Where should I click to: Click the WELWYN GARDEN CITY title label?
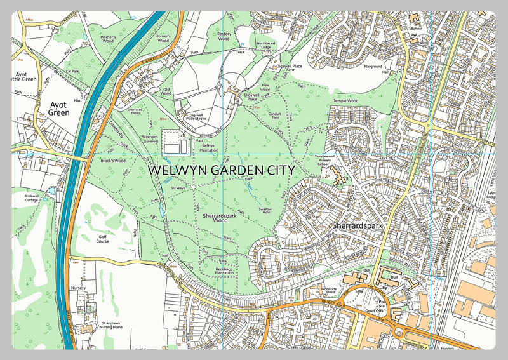tap(221, 171)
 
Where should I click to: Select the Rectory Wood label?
tap(224, 36)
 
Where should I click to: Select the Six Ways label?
tap(178, 189)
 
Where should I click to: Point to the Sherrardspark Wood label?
tap(215, 219)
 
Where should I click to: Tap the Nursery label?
tap(78, 288)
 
